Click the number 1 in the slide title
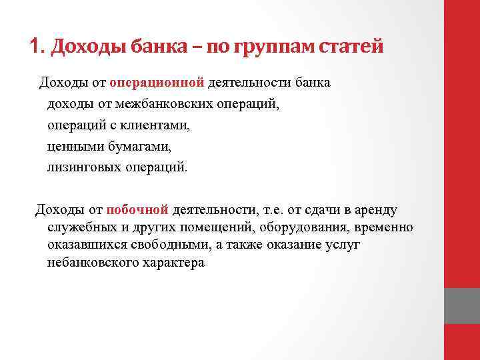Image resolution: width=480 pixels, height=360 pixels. click(x=35, y=47)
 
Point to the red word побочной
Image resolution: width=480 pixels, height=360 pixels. click(x=137, y=211)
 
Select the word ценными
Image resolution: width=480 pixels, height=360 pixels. click(x=71, y=146)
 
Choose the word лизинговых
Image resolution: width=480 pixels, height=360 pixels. click(x=85, y=167)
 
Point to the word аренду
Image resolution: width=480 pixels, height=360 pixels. click(x=377, y=211)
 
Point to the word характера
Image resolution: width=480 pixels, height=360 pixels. click(x=173, y=263)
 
